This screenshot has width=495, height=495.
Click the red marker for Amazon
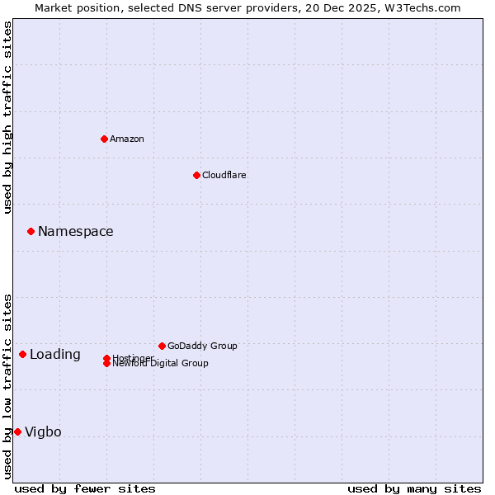click(104, 139)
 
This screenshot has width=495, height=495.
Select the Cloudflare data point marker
click(196, 175)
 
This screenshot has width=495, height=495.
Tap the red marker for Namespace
click(31, 231)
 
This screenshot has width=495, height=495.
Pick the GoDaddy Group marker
click(162, 346)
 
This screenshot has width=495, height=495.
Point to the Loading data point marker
click(22, 354)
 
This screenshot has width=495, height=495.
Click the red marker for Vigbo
click(17, 431)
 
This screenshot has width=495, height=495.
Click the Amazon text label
click(127, 139)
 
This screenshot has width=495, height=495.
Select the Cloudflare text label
click(224, 175)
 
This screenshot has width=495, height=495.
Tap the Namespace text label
click(76, 231)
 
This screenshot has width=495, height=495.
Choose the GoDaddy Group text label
click(202, 346)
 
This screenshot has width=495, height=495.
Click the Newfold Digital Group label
click(161, 364)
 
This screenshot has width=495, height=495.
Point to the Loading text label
click(55, 355)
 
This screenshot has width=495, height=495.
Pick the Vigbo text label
click(43, 432)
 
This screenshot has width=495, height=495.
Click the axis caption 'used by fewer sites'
click(85, 488)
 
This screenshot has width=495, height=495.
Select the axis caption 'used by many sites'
click(414, 488)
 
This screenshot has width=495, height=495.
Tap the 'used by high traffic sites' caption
click(8, 117)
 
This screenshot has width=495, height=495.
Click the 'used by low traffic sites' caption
click(8, 386)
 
